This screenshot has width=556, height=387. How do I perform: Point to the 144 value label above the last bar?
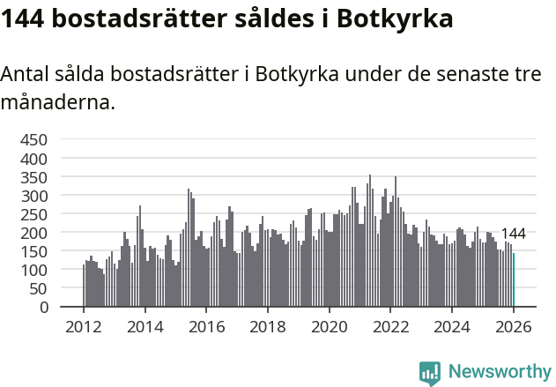[x=513, y=234]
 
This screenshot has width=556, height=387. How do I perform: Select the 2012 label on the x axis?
[x=84, y=326]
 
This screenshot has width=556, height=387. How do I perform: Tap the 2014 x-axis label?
[x=145, y=326]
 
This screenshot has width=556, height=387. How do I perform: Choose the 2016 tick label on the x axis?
[x=206, y=326]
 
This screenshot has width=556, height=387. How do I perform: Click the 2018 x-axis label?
[x=268, y=326]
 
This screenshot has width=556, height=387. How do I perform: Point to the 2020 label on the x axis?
[x=329, y=326]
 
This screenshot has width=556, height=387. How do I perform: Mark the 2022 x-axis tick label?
[x=390, y=326]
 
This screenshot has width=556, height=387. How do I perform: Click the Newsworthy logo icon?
[x=430, y=373]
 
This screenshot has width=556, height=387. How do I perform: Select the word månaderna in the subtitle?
[x=58, y=102]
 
